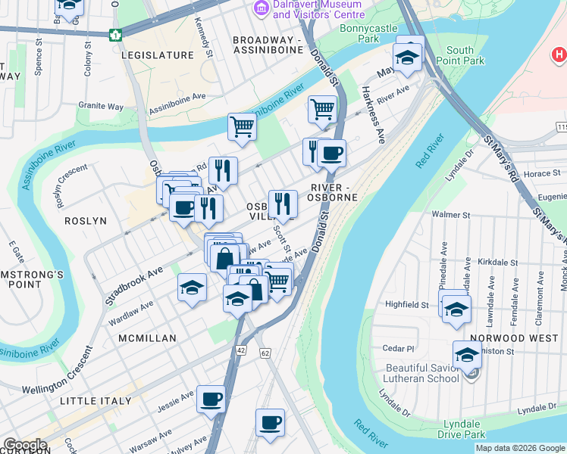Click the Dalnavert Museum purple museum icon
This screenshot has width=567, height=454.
coord(262,8)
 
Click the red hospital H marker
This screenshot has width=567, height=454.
coord(559,54)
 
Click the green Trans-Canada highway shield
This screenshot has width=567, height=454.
coord(115,35)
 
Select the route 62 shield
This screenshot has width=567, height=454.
coord(265,353)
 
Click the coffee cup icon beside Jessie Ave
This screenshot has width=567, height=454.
coord(211,399)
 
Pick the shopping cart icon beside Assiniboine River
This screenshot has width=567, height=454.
coord(242,126)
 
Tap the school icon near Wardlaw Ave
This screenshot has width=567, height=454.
coord(192,288)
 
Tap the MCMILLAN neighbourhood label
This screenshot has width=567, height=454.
coord(147,338)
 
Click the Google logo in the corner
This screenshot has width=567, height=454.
coord(24,445)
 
